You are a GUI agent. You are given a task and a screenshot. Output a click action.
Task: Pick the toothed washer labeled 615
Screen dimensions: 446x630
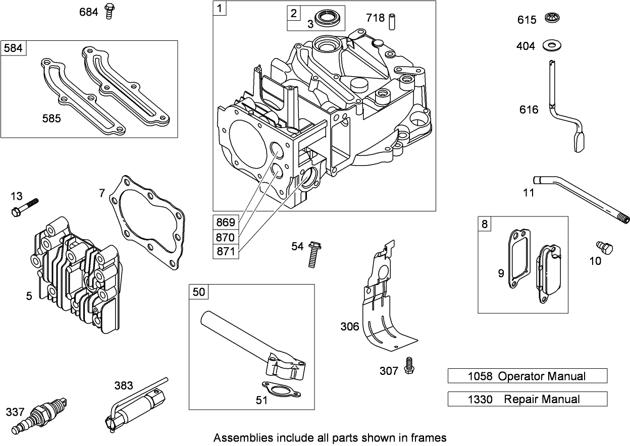(x=553, y=19)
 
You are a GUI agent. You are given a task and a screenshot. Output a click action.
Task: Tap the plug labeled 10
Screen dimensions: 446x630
(x=604, y=248)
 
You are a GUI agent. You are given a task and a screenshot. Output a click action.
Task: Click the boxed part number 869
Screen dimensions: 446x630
(x=226, y=222)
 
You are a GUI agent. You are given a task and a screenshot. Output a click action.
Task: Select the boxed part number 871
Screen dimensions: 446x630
(x=226, y=251)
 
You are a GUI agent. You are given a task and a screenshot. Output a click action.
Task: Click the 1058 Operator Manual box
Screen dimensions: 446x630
(x=527, y=376)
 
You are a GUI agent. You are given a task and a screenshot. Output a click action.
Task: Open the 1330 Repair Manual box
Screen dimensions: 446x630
(x=527, y=399)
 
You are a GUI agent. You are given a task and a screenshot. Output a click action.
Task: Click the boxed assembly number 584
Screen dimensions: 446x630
(x=13, y=48)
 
